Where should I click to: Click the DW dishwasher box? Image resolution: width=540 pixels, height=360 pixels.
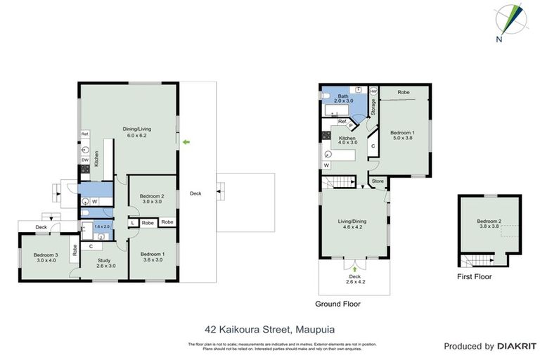(x=84, y=160)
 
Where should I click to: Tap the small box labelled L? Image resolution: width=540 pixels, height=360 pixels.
(x=133, y=223)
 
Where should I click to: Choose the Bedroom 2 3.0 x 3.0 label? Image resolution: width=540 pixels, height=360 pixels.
(x=151, y=199)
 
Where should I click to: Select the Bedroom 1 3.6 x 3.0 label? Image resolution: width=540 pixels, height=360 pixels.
(x=151, y=257)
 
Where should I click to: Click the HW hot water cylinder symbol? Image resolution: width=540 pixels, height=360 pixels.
(x=373, y=91)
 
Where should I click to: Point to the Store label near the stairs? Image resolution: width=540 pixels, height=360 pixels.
(x=378, y=181)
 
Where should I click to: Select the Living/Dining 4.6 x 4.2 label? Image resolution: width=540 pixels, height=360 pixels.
(x=353, y=224)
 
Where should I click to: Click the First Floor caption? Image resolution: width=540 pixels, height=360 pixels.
(x=475, y=277)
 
